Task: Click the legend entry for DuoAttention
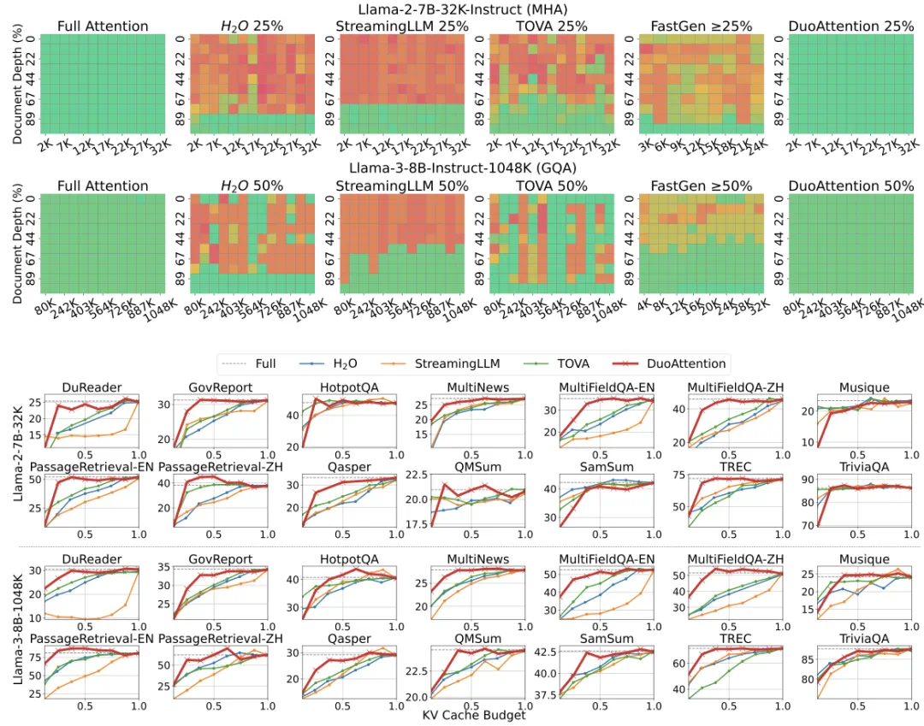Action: point(681,363)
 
